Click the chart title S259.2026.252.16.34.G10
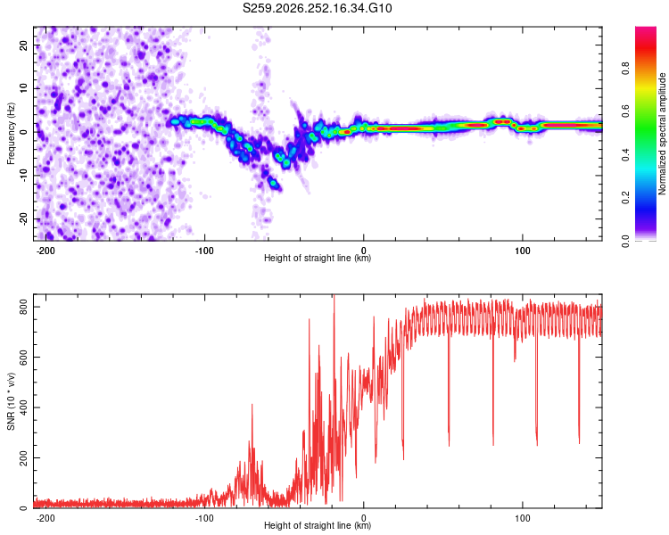pos(317,8)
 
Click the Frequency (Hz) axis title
pos(11,134)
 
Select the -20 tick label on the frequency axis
pos(23,218)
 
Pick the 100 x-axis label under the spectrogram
pos(522,251)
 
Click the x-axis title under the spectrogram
pos(318,258)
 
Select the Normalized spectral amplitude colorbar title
pos(662,134)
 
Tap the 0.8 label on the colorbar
pos(626,68)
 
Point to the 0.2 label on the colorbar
pos(626,198)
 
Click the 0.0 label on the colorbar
pos(626,241)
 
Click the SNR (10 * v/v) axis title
pos(11,401)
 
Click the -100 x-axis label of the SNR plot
pos(204,518)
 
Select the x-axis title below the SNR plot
pos(318,525)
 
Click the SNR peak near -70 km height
pos(252,405)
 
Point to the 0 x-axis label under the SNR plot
pos(364,518)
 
